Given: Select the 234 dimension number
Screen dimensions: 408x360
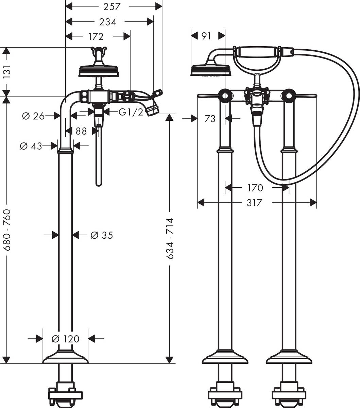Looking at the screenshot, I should [x=107, y=22].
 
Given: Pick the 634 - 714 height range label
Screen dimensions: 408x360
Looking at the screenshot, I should [x=170, y=238].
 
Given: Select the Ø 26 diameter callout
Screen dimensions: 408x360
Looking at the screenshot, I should [x=33, y=116].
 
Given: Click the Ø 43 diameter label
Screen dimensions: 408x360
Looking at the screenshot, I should [x=31, y=146].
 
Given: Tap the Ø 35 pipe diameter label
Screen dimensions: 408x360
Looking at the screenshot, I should [x=102, y=235].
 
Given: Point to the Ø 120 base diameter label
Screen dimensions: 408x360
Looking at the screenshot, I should [x=65, y=339].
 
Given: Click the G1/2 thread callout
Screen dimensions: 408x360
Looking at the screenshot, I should [x=131, y=112].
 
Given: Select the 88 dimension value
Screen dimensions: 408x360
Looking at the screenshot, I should [x=81, y=131].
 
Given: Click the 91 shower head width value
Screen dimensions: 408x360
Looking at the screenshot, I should [x=206, y=36].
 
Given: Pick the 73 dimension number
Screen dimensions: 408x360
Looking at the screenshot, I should [x=210, y=119].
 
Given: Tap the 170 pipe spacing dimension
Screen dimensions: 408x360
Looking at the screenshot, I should [x=255, y=188].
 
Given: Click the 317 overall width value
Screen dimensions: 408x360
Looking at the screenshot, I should [x=255, y=203].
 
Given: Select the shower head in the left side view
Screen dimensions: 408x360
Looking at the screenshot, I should [x=99, y=71].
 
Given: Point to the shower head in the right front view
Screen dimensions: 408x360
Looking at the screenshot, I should [x=211, y=69].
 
